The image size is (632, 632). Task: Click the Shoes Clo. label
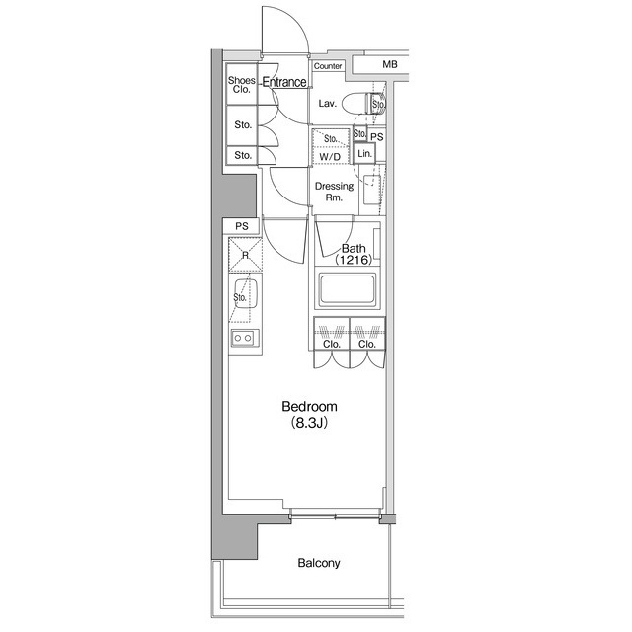[242, 84]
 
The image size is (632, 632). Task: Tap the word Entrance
[284, 82]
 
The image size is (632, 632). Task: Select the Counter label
[328, 66]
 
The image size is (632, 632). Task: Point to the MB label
[390, 65]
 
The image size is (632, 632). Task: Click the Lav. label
[328, 104]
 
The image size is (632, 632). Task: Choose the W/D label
[329, 155]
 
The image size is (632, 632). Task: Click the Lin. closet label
[364, 154]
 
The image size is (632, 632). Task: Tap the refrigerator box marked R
[244, 254]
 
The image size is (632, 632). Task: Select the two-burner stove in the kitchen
[243, 339]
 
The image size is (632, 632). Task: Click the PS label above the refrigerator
[242, 226]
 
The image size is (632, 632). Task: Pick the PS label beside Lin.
[377, 135]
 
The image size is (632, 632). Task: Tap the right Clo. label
[366, 345]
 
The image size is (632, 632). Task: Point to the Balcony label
[319, 564]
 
